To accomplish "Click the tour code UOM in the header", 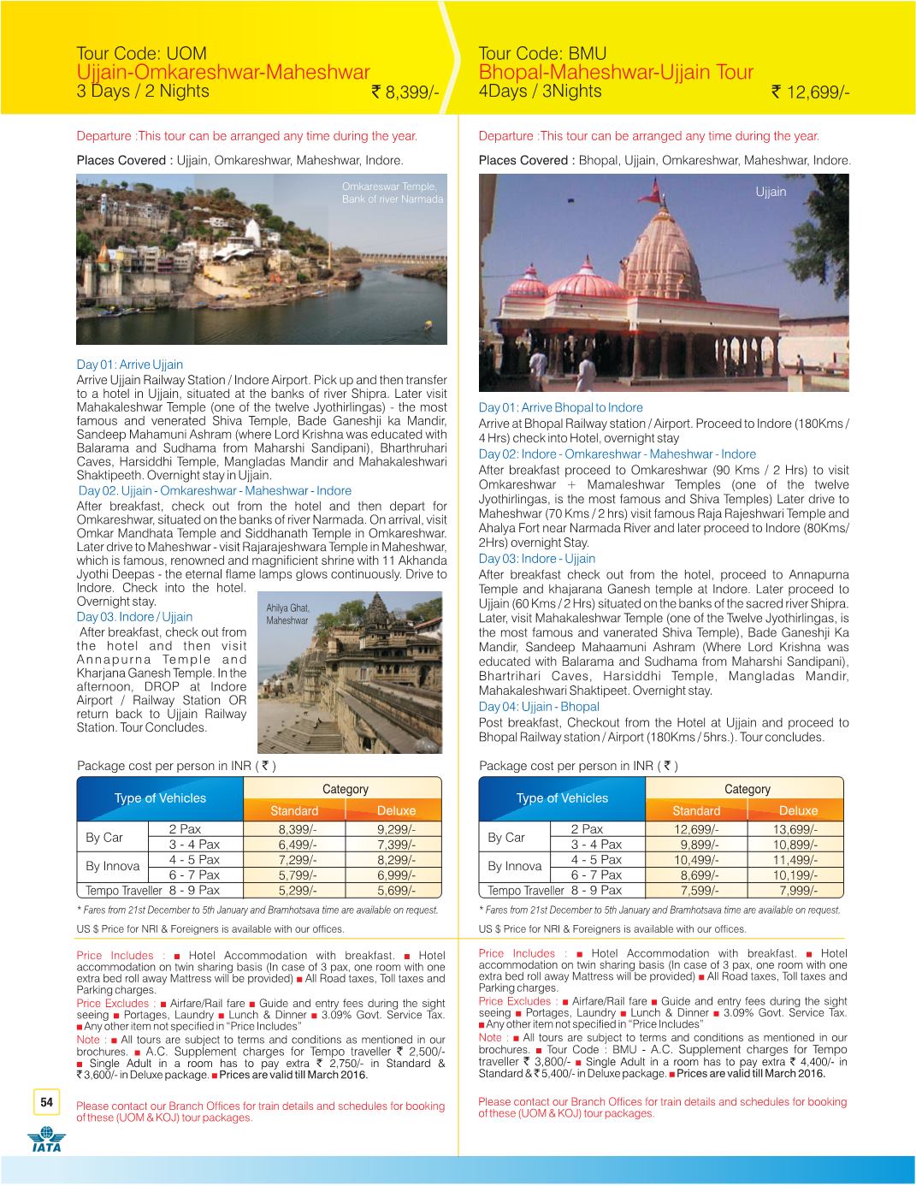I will pos(141,54).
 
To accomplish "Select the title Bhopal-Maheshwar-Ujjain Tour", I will pos(616,72).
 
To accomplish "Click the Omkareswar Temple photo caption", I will pos(393,193).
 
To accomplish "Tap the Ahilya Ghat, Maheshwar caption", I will pos(287,614).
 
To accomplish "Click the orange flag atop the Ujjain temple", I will pos(655,187).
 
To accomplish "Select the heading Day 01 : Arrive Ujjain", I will pos(130,365).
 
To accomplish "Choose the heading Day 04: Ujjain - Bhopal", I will pos(539,707).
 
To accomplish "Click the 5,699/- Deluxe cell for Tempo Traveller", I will pos(396,890).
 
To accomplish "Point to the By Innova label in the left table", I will pos(112,867).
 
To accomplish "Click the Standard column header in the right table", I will pos(696,810).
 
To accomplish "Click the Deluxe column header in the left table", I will pos(396,810).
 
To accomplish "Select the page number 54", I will pos(46,1102).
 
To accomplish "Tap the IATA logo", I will pos(45,1142).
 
